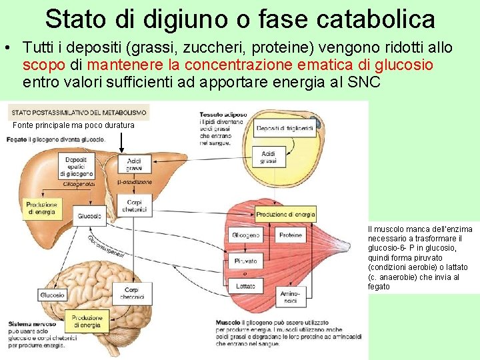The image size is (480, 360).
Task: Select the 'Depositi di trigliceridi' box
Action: click(284, 127)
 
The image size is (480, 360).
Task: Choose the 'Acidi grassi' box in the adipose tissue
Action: click(268, 157)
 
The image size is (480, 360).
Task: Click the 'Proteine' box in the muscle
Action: click(290, 235)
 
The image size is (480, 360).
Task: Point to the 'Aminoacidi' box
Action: click(290, 297)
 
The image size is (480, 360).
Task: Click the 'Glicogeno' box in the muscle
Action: click(245, 235)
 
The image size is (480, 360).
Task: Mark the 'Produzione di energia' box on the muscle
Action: click(285, 215)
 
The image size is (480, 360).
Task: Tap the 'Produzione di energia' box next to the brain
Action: click(87, 322)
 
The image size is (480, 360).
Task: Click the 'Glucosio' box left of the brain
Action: click(52, 295)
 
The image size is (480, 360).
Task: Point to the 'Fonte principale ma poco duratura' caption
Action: click(73, 125)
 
